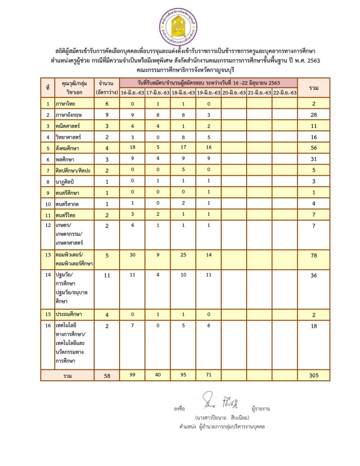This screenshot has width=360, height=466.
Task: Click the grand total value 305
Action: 314,375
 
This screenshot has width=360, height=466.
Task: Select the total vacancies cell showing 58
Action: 107,375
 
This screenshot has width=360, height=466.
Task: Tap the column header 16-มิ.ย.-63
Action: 132,93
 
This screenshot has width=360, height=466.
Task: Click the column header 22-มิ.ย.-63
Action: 285,93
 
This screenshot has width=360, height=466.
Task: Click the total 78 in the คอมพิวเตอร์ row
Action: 314,256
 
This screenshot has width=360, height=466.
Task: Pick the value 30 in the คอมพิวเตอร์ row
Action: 132,256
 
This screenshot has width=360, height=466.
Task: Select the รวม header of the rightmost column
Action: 314,88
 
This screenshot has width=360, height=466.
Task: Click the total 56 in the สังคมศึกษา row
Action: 314,149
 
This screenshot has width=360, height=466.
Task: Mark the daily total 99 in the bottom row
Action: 132,375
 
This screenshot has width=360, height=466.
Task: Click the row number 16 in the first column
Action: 48,326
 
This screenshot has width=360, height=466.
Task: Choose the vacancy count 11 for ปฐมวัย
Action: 107,275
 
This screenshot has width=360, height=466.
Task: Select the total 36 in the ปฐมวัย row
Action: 314,275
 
